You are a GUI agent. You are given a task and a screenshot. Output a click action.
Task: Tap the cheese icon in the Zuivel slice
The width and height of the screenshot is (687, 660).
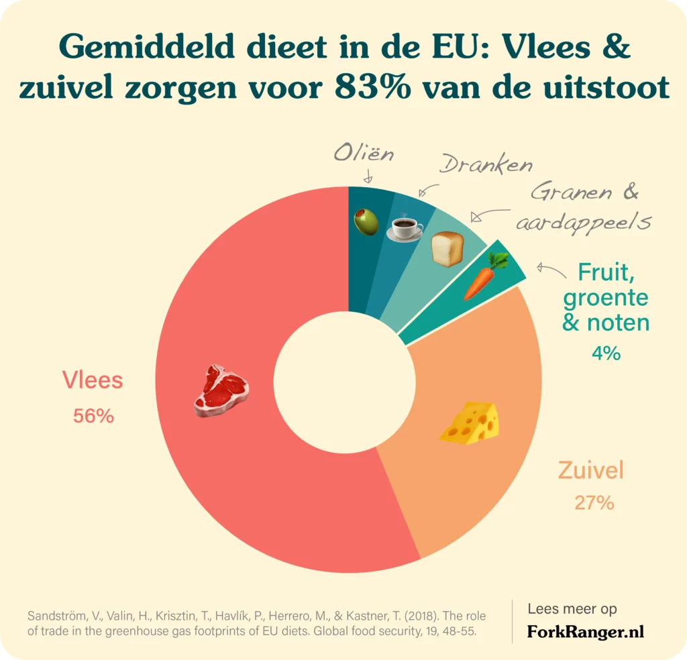click(x=470, y=422)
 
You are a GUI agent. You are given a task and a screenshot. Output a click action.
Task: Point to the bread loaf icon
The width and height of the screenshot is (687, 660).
click(x=447, y=249)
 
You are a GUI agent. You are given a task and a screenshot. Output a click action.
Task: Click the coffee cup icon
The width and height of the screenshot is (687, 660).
click(x=405, y=228)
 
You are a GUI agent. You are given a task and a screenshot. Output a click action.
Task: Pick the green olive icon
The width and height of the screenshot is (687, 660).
click(x=367, y=221)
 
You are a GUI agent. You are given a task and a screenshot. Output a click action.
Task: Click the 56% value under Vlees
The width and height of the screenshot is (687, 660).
click(x=93, y=416)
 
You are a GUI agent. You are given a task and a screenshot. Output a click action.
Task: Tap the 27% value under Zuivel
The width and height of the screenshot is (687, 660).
click(x=594, y=502)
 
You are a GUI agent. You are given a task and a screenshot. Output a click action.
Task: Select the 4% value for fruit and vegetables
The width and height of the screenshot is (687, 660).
click(x=606, y=353)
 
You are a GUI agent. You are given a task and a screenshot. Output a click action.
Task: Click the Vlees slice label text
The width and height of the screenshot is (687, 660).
click(x=93, y=380)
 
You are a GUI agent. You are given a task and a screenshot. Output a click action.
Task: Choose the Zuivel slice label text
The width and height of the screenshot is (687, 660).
click(x=591, y=470)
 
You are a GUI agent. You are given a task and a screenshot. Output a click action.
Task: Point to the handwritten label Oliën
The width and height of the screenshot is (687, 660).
click(x=364, y=155)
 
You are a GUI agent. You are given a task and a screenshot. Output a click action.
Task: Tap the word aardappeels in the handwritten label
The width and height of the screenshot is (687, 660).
click(x=583, y=223)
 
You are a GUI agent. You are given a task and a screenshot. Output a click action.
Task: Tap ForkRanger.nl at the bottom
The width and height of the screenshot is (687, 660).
click(x=585, y=631)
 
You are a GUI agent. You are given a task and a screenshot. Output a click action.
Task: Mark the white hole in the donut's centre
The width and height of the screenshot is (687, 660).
click(x=343, y=380)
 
